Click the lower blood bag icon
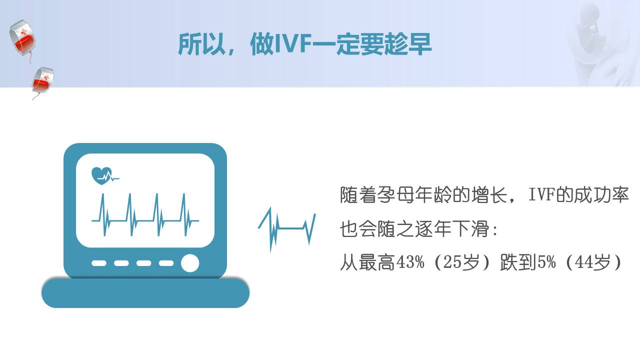[x=42, y=81]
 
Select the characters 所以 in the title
[x=201, y=44]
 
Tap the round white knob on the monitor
[x=190, y=263]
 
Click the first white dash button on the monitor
[x=99, y=263]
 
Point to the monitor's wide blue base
[x=145, y=293]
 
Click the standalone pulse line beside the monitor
[x=287, y=229]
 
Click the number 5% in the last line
[x=546, y=262]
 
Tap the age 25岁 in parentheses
[x=461, y=262]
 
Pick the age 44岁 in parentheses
[x=592, y=262]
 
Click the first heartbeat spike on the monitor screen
[x=103, y=215]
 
